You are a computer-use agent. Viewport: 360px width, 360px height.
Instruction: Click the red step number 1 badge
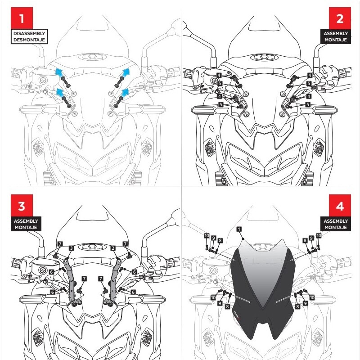click(x=22, y=18)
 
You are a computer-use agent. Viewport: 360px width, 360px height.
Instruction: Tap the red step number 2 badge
click(x=340, y=18)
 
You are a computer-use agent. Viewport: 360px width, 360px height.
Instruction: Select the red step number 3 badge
click(x=22, y=206)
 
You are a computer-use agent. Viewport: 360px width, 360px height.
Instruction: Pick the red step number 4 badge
click(x=340, y=206)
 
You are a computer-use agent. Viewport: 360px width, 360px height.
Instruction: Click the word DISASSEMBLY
click(x=29, y=33)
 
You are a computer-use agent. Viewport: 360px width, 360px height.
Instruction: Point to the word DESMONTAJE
click(x=29, y=40)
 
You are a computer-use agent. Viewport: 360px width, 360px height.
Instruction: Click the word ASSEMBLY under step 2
click(x=336, y=33)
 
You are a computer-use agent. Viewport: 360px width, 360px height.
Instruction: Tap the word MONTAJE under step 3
click(x=26, y=227)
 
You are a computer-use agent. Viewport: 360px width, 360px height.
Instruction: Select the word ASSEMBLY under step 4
click(x=336, y=221)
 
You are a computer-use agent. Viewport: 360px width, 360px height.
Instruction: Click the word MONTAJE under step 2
click(x=336, y=40)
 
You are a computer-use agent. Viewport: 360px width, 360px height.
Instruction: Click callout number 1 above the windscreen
click(x=239, y=229)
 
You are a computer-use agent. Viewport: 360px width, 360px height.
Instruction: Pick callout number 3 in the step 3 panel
click(x=72, y=248)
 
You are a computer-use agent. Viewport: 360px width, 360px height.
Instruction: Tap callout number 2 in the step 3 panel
click(x=113, y=248)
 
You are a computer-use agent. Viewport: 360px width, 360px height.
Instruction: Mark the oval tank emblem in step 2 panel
click(x=264, y=57)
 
